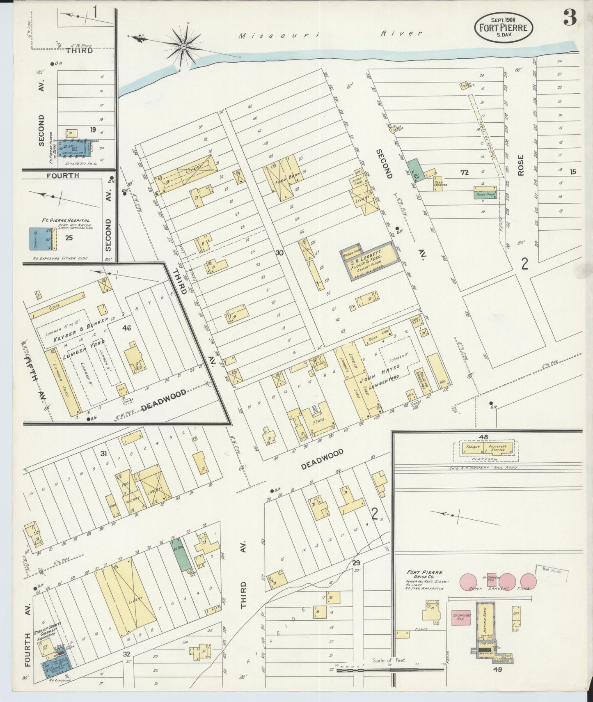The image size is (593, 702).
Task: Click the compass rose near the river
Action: coord(183,46)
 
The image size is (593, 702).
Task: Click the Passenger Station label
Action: coord(497,448)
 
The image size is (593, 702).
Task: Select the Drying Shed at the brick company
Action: coord(485,620)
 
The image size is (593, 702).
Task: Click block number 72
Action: coord(464,173)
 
